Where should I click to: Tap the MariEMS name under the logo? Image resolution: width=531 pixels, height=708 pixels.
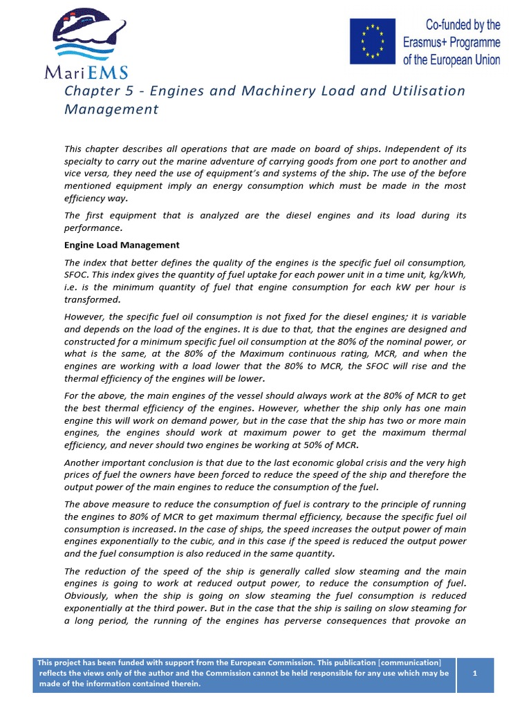coord(86,72)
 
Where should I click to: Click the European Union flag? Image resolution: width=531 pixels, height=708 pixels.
coord(373,41)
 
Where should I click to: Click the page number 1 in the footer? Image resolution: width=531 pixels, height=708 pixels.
coord(474,673)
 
